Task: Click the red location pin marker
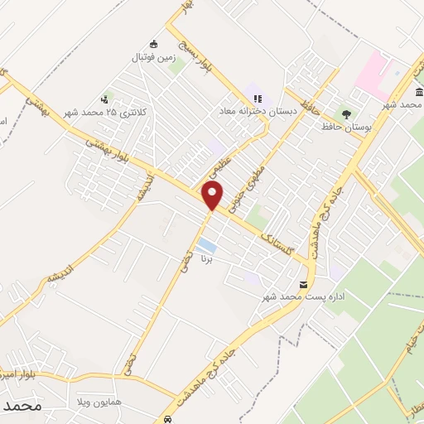[213, 196]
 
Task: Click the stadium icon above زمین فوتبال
[153, 45]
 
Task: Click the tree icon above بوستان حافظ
[346, 113]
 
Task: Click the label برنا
[206, 259]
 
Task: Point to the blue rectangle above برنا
[206, 246]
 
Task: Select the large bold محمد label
[22, 407]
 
